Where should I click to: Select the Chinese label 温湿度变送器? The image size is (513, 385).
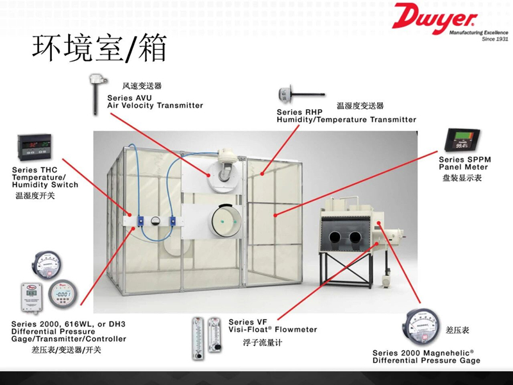[x=360, y=106]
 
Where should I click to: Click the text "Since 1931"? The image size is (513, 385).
[x=494, y=38]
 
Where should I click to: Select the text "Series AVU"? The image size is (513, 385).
[x=129, y=98]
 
